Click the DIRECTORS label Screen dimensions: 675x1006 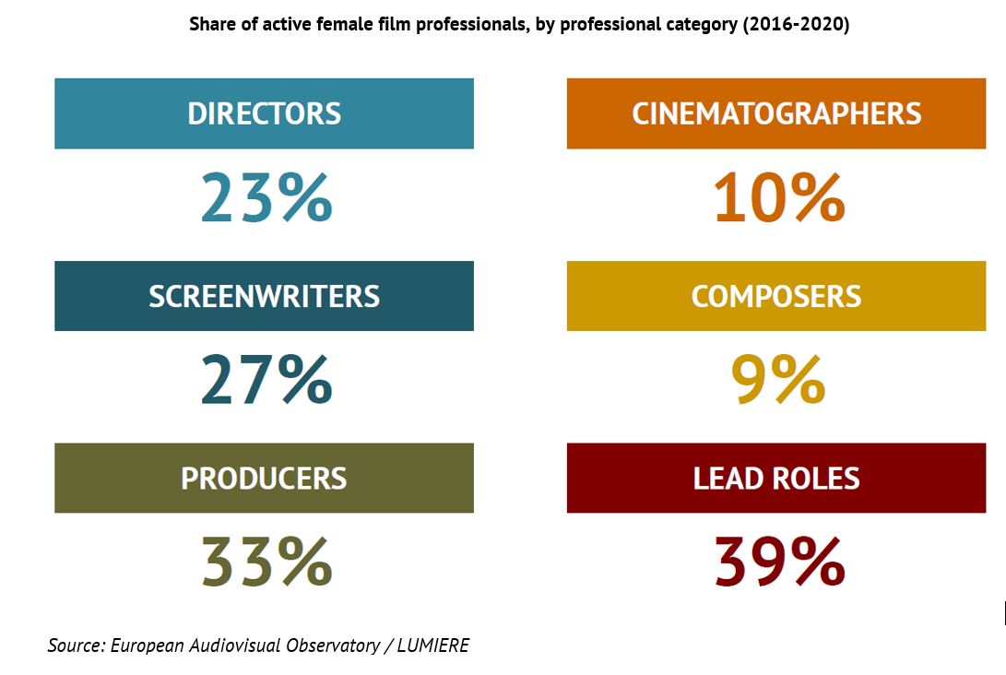tap(264, 113)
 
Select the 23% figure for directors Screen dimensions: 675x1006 tap(266, 198)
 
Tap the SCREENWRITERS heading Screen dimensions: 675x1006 tap(264, 296)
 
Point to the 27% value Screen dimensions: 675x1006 tap(266, 380)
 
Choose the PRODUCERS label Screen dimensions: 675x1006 tap(264, 479)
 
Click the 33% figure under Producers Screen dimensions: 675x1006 tap(266, 562)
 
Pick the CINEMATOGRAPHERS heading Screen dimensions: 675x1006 tap(776, 113)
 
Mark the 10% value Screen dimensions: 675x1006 tap(779, 198)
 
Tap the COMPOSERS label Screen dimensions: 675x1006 tap(776, 296)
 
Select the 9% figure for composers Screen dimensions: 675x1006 tap(778, 380)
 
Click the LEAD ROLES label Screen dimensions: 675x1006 tap(776, 479)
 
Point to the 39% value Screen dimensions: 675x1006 tap(779, 562)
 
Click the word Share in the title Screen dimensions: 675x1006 tap(211, 25)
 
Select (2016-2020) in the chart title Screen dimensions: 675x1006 tap(796, 25)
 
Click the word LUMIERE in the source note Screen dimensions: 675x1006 tap(432, 645)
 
